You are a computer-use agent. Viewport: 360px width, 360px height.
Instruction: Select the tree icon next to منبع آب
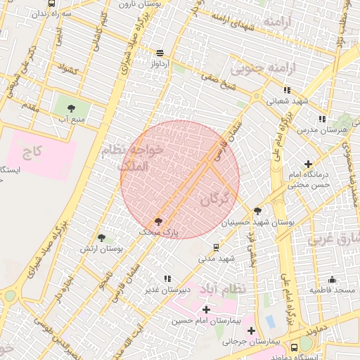(71, 108)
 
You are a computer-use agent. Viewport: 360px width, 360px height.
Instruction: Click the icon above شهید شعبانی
(287, 90)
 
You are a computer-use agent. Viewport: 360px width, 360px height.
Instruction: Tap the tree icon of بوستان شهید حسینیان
(257, 210)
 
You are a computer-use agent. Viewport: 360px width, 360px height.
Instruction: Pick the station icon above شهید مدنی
(216, 247)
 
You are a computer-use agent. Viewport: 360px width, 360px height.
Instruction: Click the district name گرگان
(214, 199)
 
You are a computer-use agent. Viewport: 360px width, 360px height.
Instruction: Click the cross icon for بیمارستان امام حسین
(205, 309)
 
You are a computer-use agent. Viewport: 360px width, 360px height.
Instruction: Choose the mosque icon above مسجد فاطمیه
(332, 279)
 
